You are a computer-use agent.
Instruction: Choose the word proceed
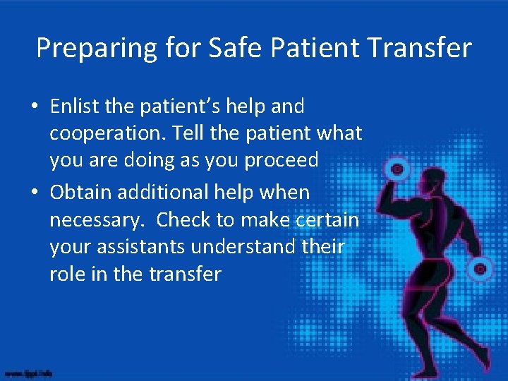pyautogui.click(x=282, y=160)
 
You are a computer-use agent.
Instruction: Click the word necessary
pyautogui.click(x=95, y=220)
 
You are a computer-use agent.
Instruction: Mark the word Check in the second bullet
pyautogui.click(x=183, y=219)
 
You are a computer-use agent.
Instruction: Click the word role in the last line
pyautogui.click(x=65, y=274)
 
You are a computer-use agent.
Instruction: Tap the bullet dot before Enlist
pyautogui.click(x=35, y=108)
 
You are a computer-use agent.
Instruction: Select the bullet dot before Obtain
pyautogui.click(x=35, y=193)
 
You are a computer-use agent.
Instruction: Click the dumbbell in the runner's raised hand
pyautogui.click(x=398, y=170)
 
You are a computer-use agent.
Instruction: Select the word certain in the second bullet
pyautogui.click(x=331, y=219)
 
